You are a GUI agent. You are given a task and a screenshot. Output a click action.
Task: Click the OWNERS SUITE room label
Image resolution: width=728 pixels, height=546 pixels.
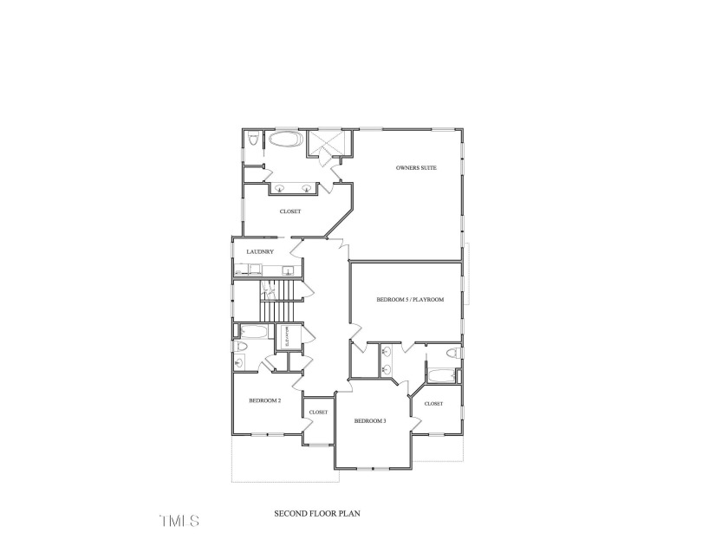[415, 167]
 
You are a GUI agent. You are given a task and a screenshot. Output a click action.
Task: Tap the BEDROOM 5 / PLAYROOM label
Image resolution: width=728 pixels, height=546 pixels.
[410, 300]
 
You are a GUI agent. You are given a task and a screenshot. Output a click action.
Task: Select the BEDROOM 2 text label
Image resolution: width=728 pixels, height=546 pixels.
[264, 400]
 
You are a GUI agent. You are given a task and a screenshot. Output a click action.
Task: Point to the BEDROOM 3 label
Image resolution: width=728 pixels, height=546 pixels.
[370, 420]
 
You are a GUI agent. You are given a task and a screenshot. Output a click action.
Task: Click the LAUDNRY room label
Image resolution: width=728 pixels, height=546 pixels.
[260, 252]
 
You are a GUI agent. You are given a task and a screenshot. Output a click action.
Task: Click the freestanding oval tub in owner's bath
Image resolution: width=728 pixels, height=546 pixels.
[284, 140]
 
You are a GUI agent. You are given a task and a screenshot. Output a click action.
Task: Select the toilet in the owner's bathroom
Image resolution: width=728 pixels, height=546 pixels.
[252, 140]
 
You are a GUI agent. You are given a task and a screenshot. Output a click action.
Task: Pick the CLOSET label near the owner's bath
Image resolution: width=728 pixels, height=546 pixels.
[289, 211]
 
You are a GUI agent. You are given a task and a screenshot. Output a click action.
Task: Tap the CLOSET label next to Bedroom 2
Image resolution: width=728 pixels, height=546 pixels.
[318, 413]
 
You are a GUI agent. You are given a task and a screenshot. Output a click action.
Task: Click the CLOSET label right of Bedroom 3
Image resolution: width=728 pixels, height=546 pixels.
[433, 404]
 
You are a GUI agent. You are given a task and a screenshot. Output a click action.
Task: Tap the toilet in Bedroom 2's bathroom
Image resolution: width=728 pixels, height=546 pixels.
[242, 348]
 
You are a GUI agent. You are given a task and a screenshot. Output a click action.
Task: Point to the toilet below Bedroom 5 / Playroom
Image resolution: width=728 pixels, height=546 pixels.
[452, 354]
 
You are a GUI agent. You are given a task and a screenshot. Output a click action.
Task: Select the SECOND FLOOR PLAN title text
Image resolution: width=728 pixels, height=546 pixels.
[317, 513]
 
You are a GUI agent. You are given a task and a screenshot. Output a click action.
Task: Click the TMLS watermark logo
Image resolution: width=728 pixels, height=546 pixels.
[179, 521]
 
